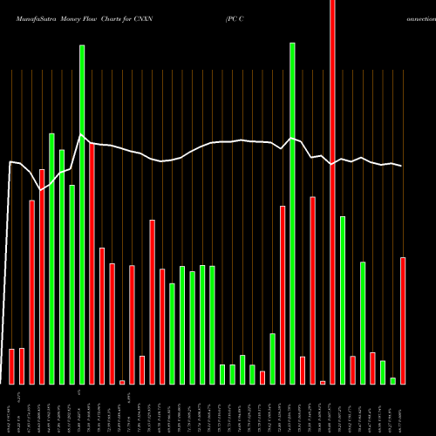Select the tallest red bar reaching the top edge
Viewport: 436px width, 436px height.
click(x=332, y=192)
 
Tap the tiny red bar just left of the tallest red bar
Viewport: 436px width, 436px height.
click(x=323, y=382)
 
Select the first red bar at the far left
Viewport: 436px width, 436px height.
click(x=12, y=366)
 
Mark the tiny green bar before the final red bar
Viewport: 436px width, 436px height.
click(x=392, y=380)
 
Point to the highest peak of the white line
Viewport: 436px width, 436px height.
click(x=81, y=135)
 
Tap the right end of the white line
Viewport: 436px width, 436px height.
click(x=403, y=166)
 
